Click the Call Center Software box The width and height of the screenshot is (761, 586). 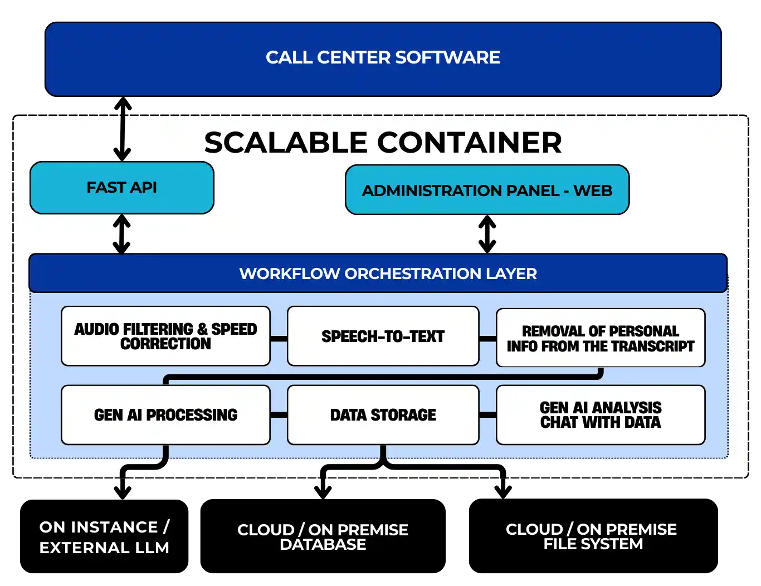point(383,58)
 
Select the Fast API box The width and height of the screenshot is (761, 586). point(121,188)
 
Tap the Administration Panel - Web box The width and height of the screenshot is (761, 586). point(486,191)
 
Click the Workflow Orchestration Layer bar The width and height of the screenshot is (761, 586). point(378,274)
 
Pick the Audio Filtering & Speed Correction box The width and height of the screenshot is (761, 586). point(165,336)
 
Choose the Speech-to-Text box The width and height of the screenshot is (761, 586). point(383,336)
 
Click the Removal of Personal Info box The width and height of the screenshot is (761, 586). point(600,338)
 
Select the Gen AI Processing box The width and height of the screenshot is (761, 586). point(165,415)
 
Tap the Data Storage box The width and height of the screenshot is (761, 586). point(383,415)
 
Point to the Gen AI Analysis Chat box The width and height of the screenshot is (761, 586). point(600,415)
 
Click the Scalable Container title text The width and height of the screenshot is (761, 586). point(383,143)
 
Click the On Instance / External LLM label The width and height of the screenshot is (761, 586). point(104,537)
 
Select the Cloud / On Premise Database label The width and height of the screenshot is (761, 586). point(323,537)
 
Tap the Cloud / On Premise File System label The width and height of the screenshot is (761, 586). point(591,536)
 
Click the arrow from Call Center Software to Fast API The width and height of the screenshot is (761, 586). point(122,131)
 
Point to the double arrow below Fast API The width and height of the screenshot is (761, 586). point(122,234)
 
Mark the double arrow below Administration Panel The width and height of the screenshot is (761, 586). point(487,234)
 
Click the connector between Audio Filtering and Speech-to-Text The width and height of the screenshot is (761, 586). point(279,338)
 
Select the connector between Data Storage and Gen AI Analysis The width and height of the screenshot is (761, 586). point(487,415)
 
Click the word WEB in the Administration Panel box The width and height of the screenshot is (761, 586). point(593,191)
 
